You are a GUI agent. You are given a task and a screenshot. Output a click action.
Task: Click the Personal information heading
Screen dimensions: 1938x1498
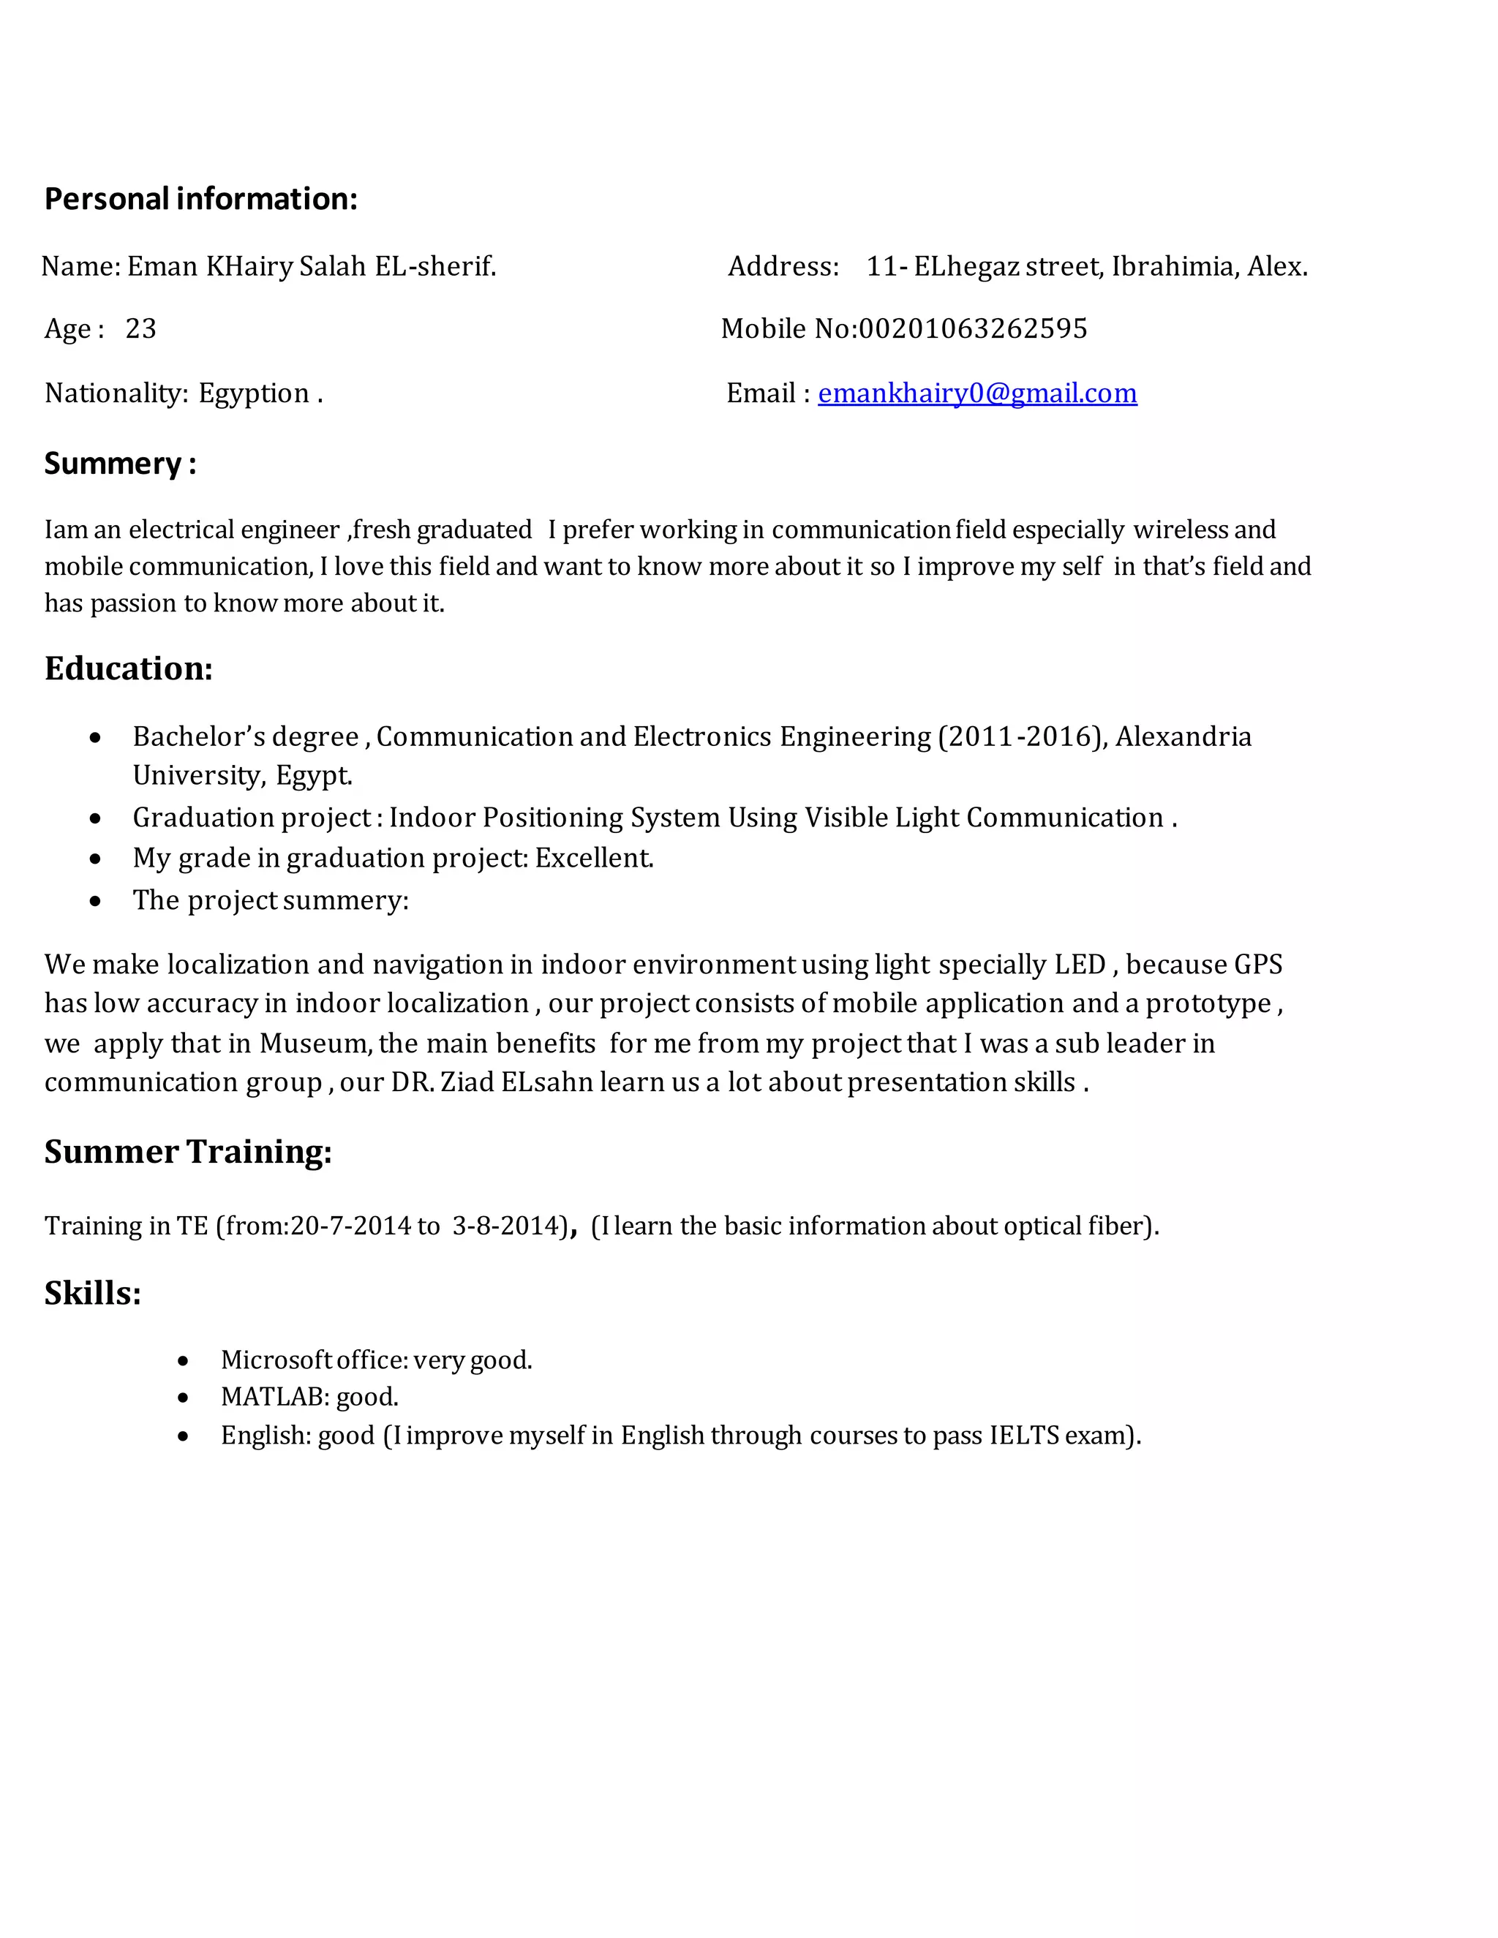coord(200,199)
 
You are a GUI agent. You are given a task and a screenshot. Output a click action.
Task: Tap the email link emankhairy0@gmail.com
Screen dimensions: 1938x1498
coord(976,393)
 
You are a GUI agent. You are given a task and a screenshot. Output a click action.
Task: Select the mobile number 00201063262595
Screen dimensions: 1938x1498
coord(973,329)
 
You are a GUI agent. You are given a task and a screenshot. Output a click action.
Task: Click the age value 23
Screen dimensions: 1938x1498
coord(140,329)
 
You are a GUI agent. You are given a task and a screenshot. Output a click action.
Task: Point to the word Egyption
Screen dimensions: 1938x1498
coord(254,393)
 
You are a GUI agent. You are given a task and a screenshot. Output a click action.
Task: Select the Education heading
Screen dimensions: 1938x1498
coord(129,669)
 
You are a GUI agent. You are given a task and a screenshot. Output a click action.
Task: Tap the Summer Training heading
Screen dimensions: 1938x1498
coord(188,1152)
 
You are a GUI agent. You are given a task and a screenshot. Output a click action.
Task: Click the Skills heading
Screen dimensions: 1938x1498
coord(92,1294)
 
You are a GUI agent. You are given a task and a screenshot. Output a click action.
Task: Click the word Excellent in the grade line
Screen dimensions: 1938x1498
coord(594,858)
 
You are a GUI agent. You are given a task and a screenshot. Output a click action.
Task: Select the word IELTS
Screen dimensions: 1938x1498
coord(1024,1436)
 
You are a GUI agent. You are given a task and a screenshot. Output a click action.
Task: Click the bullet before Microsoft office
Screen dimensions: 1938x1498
coord(183,1361)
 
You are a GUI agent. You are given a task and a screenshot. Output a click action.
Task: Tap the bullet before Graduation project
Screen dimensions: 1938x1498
coord(95,818)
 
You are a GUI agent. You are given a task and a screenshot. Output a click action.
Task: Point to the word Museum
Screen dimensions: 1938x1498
coord(313,1044)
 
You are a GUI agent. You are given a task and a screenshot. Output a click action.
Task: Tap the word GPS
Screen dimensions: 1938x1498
coord(1257,965)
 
